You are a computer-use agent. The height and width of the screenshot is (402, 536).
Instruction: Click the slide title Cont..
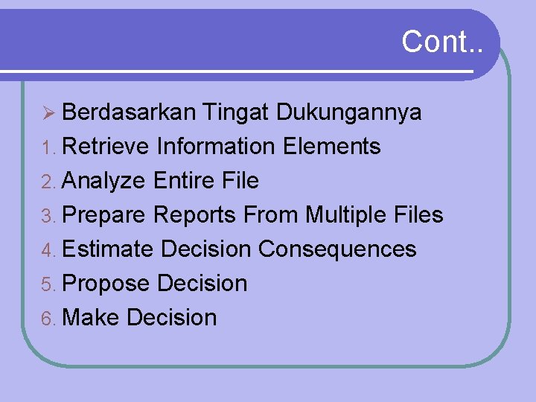[x=441, y=42]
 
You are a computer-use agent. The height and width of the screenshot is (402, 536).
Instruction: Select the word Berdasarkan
[x=129, y=112]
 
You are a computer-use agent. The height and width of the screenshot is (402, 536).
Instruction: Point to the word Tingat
[x=236, y=113]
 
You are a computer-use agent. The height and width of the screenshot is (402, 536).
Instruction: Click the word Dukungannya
[x=349, y=113]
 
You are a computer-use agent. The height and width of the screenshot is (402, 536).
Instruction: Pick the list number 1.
[x=48, y=147]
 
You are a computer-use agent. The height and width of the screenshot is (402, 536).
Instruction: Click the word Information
[x=216, y=147]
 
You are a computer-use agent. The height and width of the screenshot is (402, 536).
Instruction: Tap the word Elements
[x=332, y=147]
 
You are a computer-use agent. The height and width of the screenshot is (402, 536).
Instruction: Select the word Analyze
[x=105, y=181]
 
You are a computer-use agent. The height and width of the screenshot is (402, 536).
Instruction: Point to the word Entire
[x=184, y=181]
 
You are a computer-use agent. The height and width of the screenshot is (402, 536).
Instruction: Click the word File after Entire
[x=240, y=181]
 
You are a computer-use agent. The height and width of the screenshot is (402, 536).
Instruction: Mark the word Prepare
[x=105, y=216]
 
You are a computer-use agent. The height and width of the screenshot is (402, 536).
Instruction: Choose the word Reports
[x=195, y=216]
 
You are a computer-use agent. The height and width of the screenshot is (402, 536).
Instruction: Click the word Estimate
[x=109, y=249]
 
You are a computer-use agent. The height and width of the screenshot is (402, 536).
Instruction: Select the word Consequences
[x=337, y=249]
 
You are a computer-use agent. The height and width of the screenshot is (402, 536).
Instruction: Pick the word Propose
[x=107, y=284]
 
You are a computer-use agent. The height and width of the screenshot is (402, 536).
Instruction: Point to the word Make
[x=92, y=317]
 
